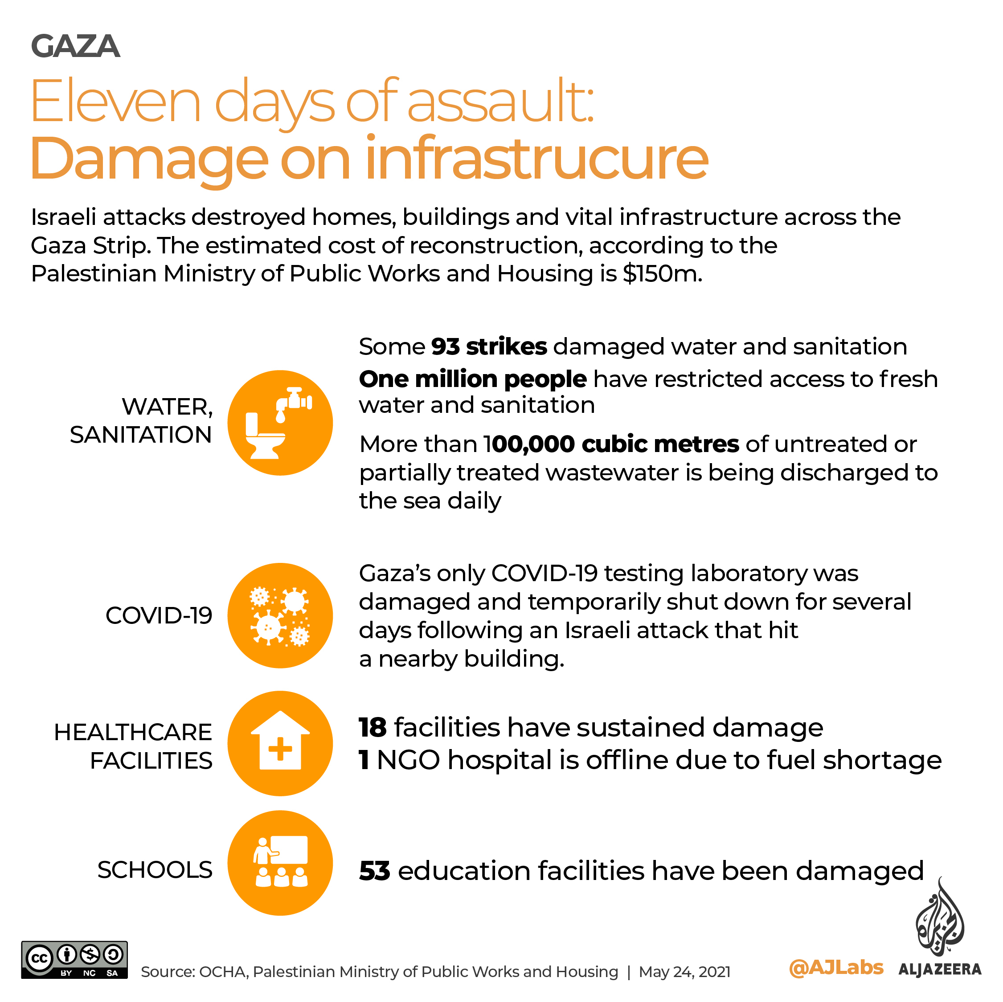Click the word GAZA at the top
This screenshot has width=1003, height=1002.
tap(75, 46)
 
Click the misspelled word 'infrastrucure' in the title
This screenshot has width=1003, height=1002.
tap(536, 158)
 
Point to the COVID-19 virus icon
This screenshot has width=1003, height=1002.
tap(280, 615)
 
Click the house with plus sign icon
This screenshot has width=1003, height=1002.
tap(280, 743)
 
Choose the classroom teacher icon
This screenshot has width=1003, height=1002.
tap(280, 863)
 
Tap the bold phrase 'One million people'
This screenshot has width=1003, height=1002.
tap(472, 379)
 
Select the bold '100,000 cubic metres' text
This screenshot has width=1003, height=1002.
tap(611, 444)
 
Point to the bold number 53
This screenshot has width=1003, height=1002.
tap(374, 870)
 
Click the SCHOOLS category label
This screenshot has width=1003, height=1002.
tap(155, 870)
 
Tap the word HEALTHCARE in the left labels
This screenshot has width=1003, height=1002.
tap(133, 732)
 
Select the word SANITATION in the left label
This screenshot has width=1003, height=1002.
tap(141, 434)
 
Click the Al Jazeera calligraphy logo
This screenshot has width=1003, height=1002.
tap(939, 918)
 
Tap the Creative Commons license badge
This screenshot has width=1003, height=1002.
tap(74, 960)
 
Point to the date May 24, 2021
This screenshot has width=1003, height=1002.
tap(684, 971)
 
